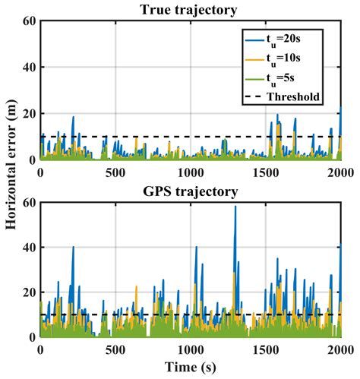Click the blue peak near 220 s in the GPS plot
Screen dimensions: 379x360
73,247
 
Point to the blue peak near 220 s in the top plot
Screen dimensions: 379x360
73,117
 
